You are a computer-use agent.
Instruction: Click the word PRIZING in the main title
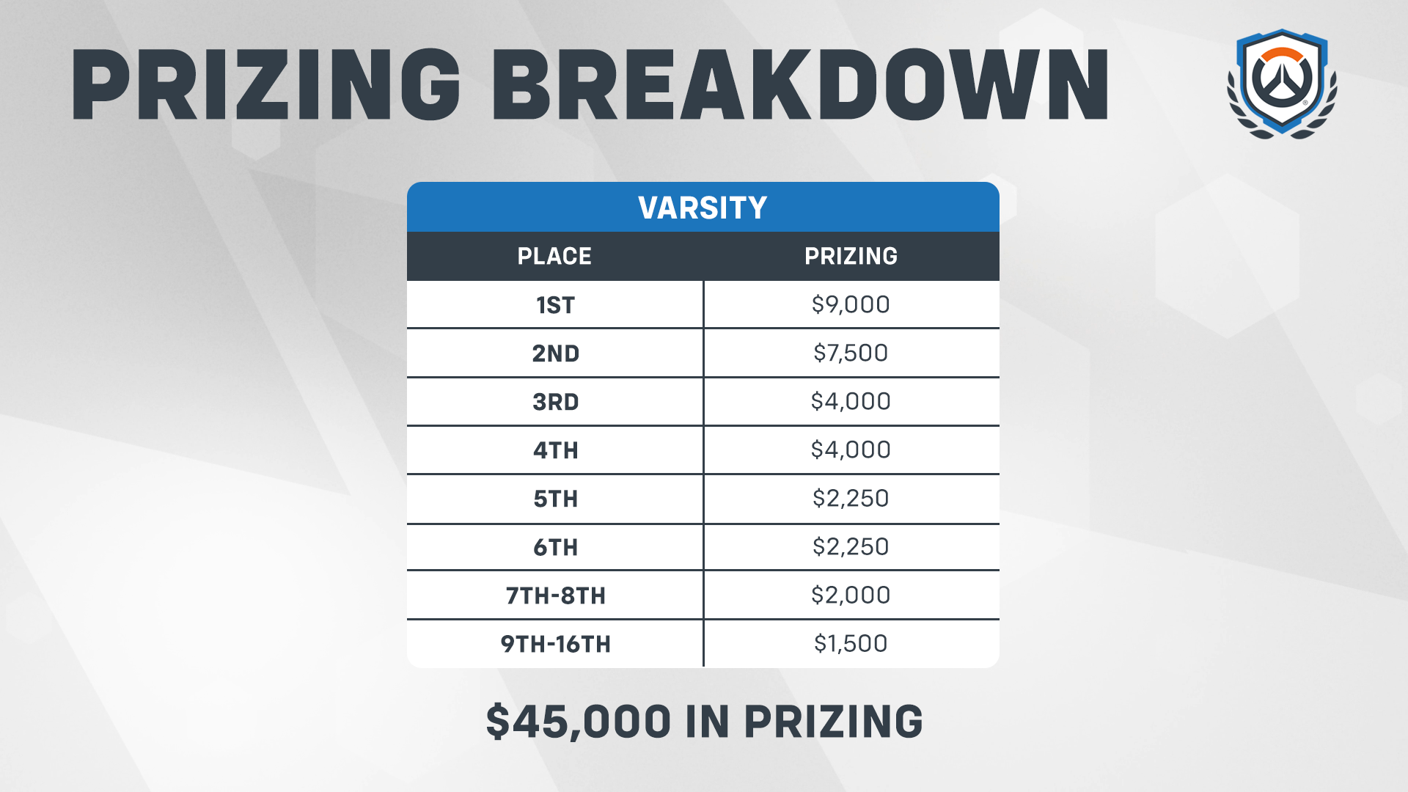266,84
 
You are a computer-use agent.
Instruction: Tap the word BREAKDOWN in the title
800,84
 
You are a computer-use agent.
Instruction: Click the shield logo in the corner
1282,84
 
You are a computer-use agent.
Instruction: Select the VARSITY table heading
703,208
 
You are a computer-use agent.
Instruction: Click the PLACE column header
554,256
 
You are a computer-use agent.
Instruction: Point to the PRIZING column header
851,256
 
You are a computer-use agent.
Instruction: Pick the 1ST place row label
555,305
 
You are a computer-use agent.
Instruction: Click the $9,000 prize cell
851,304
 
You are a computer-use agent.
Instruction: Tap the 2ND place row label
555,353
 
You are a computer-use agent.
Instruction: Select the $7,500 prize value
851,353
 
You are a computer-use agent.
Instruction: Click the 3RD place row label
555,402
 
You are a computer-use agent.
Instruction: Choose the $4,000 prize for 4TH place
851,450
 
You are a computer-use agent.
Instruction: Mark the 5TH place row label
555,499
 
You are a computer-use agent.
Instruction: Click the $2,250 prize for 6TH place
851,546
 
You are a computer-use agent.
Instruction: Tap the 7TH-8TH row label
555,595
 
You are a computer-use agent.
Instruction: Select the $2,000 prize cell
851,595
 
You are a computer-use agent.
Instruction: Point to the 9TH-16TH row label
555,644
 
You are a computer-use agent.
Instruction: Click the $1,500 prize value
851,643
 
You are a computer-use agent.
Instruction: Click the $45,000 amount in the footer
578,722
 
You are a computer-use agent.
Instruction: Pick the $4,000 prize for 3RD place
851,401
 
